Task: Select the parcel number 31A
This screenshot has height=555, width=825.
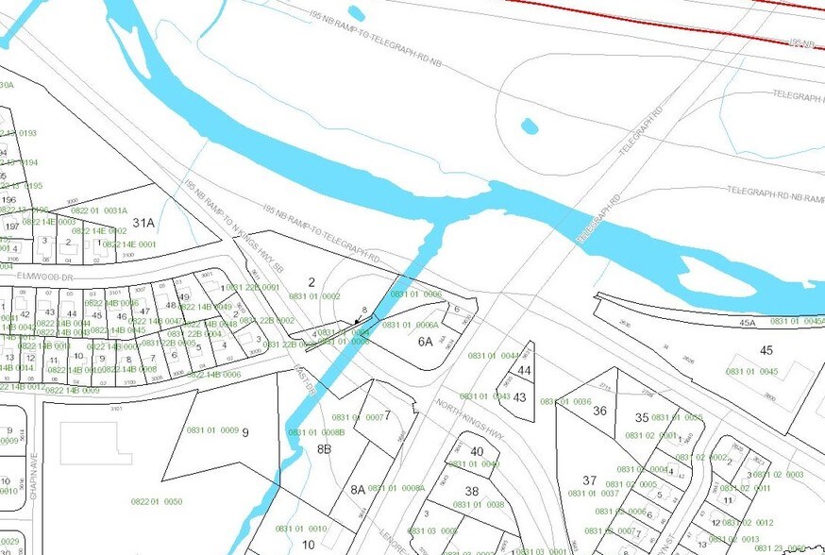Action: point(143,223)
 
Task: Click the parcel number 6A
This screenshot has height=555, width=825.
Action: point(426,342)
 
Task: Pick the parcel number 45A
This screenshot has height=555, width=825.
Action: point(748,323)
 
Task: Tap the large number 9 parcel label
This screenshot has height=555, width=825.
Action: point(244,432)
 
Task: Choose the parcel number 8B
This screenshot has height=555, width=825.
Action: point(324,449)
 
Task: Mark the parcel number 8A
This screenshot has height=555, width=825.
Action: point(357,489)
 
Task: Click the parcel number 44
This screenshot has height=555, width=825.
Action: point(524,371)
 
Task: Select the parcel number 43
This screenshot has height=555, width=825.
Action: point(519,397)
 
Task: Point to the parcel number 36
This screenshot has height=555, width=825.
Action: point(599,411)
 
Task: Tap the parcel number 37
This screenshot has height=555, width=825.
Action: point(590,480)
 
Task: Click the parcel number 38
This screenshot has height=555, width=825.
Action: point(472,491)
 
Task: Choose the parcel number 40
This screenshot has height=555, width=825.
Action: point(477,451)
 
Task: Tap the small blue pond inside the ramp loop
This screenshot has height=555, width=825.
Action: point(530,126)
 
